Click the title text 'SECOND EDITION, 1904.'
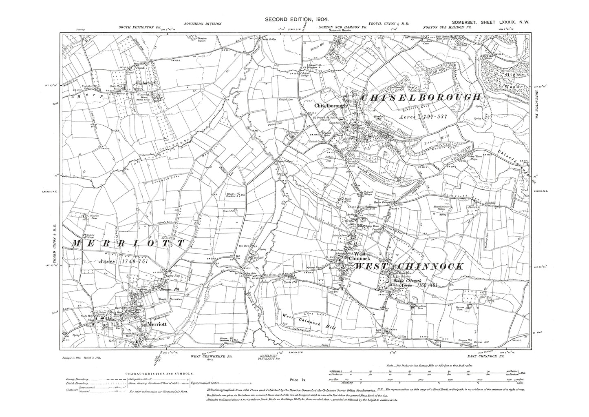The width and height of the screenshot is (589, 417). click(297, 19)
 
